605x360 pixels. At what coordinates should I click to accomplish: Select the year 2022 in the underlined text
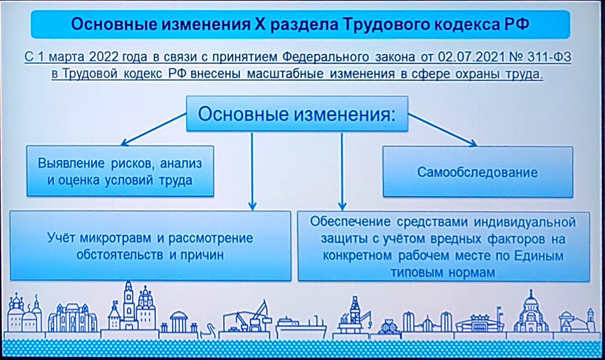(x=104, y=57)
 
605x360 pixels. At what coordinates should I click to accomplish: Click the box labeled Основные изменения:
(x=297, y=114)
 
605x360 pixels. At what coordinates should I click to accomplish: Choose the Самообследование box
(x=478, y=172)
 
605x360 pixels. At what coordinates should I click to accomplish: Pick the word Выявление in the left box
(x=71, y=163)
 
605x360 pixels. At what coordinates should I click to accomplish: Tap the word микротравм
(x=116, y=238)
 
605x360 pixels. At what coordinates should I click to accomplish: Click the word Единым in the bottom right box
(x=539, y=256)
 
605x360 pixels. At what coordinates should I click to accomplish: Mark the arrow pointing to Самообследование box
(x=442, y=130)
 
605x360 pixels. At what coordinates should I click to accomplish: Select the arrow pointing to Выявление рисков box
(x=154, y=129)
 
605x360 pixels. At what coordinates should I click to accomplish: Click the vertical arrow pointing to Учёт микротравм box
(x=252, y=171)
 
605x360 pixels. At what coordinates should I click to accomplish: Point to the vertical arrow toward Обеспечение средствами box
(x=342, y=171)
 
